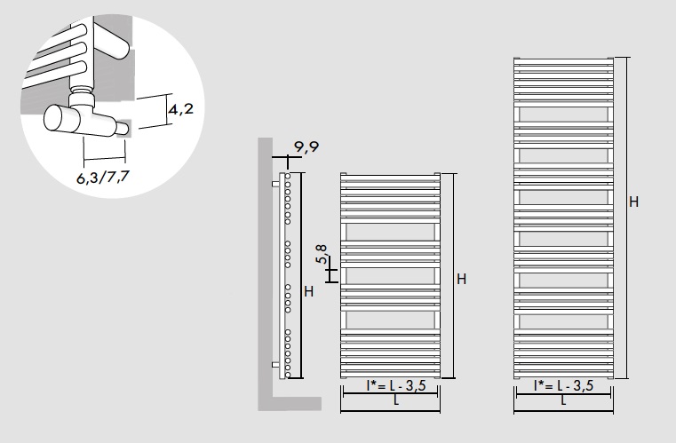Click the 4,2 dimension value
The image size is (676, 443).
[x=180, y=109]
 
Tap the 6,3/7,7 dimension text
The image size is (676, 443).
[x=103, y=177]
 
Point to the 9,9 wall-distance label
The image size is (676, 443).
[x=306, y=147]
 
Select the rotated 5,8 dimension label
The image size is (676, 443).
[x=322, y=254]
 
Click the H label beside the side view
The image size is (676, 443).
[x=308, y=292]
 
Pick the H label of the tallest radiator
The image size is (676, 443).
[x=633, y=202]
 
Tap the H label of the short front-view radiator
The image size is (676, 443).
[x=461, y=280]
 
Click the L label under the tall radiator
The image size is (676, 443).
[x=563, y=400]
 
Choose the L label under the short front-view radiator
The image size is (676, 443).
[x=396, y=400]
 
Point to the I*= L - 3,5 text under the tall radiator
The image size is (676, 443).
[x=563, y=385]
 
